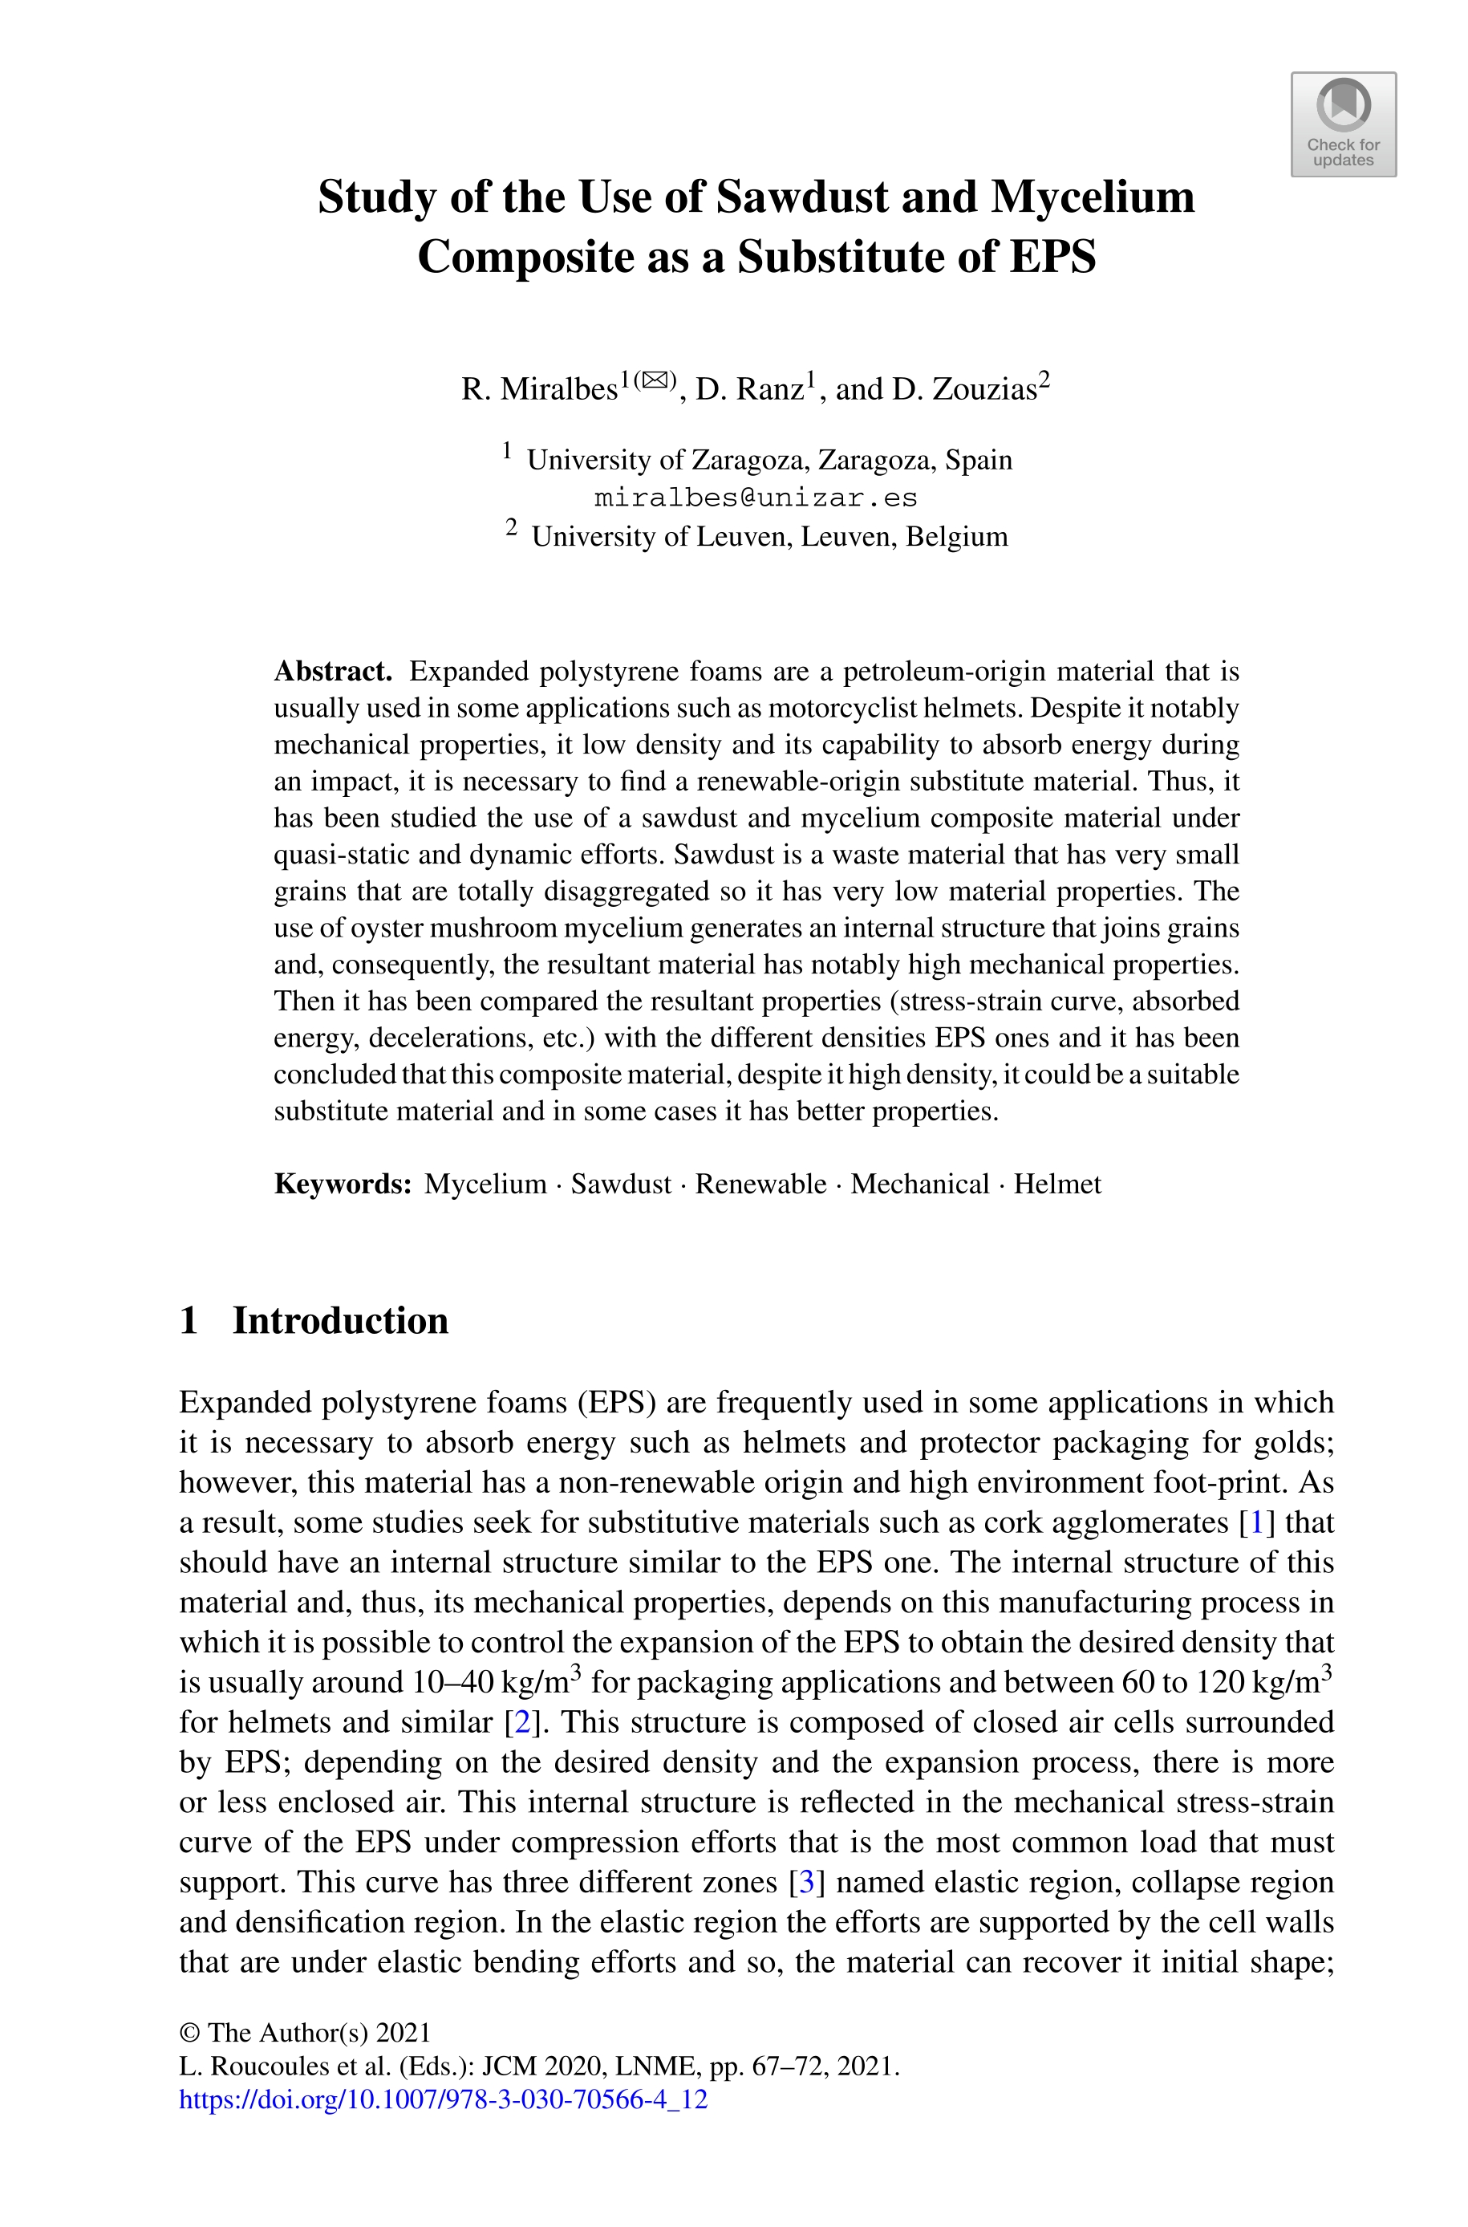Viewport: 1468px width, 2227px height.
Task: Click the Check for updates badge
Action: [x=1344, y=124]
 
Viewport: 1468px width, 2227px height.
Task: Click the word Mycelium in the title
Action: [x=1092, y=197]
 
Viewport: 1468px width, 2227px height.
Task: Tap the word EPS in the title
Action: [x=1052, y=257]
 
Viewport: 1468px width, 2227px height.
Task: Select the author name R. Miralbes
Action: [x=539, y=388]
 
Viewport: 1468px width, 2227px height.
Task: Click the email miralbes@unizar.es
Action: [x=756, y=498]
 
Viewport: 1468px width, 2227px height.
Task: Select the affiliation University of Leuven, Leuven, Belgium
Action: [x=768, y=537]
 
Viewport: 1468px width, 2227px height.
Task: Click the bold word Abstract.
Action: [x=332, y=672]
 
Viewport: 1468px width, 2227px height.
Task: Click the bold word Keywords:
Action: [x=343, y=1184]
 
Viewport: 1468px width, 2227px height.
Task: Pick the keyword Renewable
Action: [x=760, y=1184]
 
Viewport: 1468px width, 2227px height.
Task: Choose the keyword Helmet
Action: [x=1057, y=1184]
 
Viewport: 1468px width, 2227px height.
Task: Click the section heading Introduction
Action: [x=340, y=1320]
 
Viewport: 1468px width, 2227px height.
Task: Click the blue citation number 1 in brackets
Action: [x=1255, y=1522]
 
